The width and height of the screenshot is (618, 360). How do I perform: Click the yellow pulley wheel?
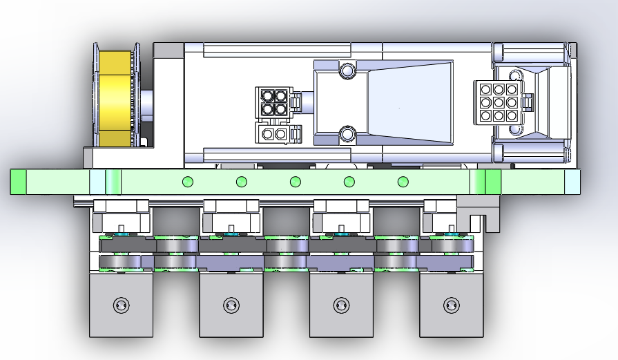114,98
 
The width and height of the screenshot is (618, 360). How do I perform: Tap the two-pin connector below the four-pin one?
275,133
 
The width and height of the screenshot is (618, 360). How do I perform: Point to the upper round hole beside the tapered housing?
347,70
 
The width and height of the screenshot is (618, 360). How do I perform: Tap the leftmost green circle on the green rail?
186,182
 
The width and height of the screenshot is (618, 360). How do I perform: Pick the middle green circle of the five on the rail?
296,182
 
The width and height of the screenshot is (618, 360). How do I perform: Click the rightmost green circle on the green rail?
403,182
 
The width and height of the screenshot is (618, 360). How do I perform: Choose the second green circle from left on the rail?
242,182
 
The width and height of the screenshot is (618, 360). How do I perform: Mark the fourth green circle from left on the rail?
349,182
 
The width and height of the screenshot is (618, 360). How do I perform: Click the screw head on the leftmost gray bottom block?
121,304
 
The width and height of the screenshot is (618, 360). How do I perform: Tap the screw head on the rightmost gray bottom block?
451,304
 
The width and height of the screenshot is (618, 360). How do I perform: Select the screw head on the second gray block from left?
231,304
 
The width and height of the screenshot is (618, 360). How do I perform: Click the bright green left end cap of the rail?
18,182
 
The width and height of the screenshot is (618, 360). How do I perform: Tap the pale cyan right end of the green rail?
572,182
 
